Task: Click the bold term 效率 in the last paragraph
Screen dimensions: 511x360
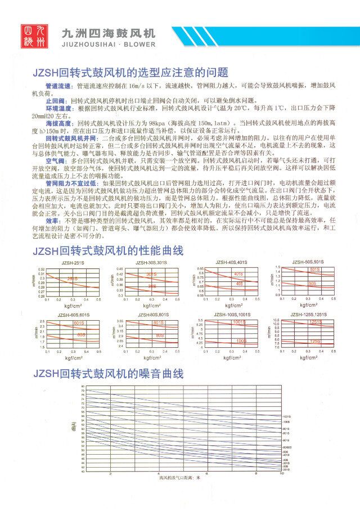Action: [53, 205]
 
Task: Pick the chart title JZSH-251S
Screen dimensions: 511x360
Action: [73, 263]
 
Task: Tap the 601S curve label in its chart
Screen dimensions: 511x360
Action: [79, 324]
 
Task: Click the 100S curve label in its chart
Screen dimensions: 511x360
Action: [241, 340]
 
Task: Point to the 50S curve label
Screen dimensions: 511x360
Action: [312, 284]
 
